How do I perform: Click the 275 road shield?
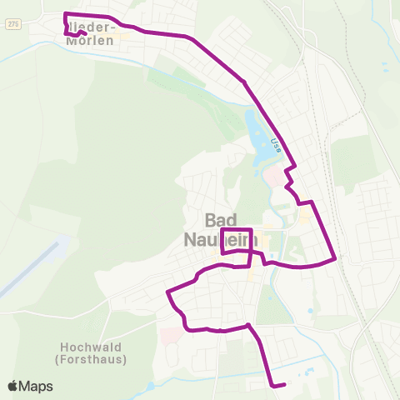[x=12, y=24]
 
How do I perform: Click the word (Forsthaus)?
[x=92, y=359]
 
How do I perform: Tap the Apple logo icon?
[x=12, y=387]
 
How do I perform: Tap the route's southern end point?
[x=284, y=384]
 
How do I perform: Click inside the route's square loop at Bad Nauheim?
[x=237, y=239]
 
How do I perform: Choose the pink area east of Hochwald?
[x=168, y=336]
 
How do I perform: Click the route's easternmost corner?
[x=335, y=257]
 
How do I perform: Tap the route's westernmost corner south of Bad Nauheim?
[x=168, y=292]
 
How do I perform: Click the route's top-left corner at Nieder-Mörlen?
[x=66, y=14]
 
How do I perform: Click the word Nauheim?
[x=221, y=239]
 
